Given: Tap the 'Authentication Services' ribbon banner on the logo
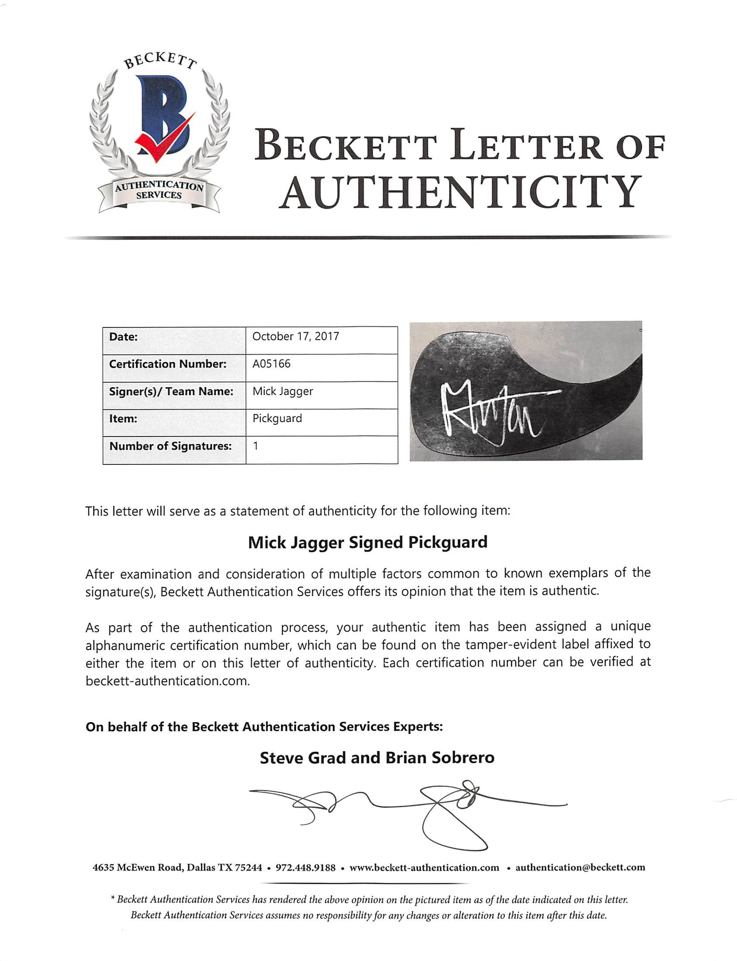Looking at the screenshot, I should click(x=159, y=191).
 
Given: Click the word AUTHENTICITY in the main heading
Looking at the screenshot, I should click(x=460, y=192).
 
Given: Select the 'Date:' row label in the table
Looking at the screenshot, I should click(x=124, y=337).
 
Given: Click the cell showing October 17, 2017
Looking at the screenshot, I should click(x=296, y=336).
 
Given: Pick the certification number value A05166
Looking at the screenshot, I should click(x=272, y=364).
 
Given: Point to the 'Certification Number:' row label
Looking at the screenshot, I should click(x=168, y=364).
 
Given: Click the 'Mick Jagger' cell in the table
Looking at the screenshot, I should click(x=283, y=391).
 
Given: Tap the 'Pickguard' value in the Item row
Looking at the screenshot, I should click(x=277, y=419).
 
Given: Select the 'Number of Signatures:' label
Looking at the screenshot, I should click(x=170, y=446).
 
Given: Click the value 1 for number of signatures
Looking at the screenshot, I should click(x=256, y=446).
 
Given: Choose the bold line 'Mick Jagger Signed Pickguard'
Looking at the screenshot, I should click(x=367, y=542).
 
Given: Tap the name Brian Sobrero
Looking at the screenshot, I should click(x=440, y=758).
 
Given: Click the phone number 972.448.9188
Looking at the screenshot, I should click(x=306, y=868).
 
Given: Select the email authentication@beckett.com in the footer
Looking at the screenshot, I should click(x=580, y=868).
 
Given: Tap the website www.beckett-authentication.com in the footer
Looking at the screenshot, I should click(x=424, y=868).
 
